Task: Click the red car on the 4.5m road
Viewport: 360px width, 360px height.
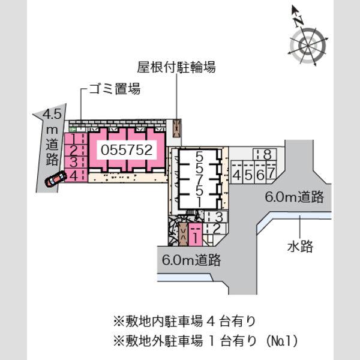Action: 56,179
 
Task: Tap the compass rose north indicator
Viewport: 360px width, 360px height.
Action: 298,16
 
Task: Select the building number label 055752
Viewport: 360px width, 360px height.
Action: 127,149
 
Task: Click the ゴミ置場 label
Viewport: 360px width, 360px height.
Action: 115,89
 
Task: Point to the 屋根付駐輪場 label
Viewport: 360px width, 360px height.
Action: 176,67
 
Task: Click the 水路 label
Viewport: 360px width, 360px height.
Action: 300,247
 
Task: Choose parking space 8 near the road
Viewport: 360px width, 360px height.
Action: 265,154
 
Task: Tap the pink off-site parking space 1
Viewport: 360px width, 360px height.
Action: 196,235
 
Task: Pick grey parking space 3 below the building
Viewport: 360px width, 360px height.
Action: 216,216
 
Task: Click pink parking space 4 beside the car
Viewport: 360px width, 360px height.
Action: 76,175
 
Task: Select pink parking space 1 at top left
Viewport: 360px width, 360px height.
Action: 76,139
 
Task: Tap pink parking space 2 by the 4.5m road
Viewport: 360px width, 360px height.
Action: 76,151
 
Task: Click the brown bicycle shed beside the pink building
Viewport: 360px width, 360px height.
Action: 177,128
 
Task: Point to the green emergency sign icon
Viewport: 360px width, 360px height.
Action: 73,130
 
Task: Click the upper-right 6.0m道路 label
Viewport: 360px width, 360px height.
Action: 295,197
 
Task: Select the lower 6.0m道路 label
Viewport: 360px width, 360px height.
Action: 191,260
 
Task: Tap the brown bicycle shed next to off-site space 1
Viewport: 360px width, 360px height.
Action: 183,235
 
